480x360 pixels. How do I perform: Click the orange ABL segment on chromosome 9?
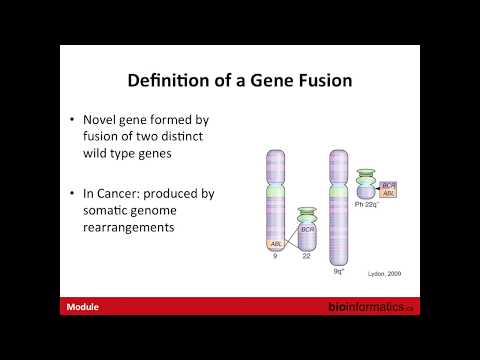[x=275, y=242]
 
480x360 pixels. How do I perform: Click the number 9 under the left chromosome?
[x=275, y=258]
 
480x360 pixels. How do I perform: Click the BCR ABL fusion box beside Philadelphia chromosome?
[x=389, y=190]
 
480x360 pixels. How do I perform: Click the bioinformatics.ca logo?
[x=371, y=308]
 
